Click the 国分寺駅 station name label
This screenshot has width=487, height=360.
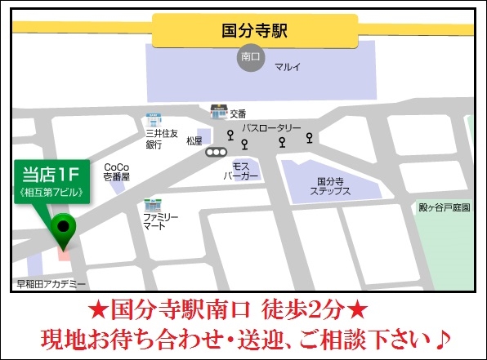[254, 32]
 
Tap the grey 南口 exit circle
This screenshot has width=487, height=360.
[250, 58]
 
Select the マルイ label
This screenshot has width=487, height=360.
[287, 67]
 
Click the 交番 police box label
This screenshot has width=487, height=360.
[238, 113]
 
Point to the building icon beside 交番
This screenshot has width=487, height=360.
[218, 111]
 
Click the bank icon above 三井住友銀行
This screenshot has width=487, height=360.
[153, 118]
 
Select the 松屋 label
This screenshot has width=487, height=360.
[194, 140]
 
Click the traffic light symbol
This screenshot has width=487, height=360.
[217, 151]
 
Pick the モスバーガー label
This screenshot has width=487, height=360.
[241, 170]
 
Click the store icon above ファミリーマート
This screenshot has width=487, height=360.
[151, 203]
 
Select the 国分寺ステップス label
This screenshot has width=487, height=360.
[330, 186]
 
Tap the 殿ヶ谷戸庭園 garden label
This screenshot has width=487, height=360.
[445, 208]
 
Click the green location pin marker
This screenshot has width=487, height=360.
[63, 228]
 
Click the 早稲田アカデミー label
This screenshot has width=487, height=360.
[51, 284]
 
